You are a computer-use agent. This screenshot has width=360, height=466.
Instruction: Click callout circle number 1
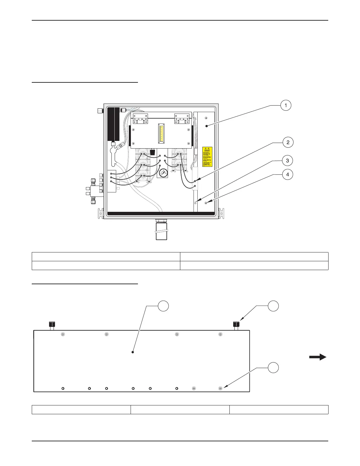pyautogui.click(x=286, y=105)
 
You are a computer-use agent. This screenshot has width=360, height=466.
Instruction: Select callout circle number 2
pyautogui.click(x=288, y=142)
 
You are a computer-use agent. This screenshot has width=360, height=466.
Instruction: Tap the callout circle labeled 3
pyautogui.click(x=287, y=161)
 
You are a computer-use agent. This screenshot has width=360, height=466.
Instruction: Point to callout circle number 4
pyautogui.click(x=287, y=174)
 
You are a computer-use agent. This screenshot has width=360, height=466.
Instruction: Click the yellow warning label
pyautogui.click(x=207, y=157)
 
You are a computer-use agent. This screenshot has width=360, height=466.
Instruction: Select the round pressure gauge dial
pyautogui.click(x=163, y=172)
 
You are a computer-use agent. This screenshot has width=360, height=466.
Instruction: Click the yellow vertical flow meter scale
pyautogui.click(x=161, y=133)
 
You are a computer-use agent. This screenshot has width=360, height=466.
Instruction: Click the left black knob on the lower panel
pyautogui.click(x=52, y=324)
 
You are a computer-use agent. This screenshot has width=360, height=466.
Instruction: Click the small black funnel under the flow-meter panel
pyautogui.click(x=152, y=152)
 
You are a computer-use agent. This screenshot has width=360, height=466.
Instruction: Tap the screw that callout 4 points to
pyautogui.click(x=206, y=203)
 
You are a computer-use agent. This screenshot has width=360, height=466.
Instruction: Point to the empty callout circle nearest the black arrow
pyautogui.click(x=273, y=368)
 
